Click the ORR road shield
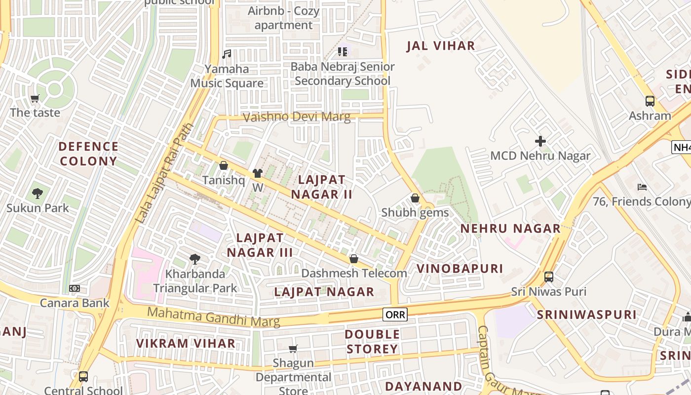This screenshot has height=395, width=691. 395,315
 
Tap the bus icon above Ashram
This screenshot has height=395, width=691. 650,101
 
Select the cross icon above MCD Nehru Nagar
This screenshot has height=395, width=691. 540,141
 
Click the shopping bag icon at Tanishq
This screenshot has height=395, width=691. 224,165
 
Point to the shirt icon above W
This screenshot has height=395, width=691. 257,173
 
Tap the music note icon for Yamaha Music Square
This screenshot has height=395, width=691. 227,54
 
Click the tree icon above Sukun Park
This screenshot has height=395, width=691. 38,193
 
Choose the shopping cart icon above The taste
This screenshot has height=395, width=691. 35,98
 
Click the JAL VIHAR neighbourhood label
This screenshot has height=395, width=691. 441,46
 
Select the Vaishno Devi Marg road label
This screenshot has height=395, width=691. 297,117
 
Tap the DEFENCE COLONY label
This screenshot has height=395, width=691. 88,154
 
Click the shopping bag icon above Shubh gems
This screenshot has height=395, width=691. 415,198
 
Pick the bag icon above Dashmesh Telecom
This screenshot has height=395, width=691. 354,259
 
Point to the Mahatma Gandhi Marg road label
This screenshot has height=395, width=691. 214,316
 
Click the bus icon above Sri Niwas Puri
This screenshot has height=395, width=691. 548,277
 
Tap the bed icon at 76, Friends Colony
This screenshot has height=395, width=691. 642,187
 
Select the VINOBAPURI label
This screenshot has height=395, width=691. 460,269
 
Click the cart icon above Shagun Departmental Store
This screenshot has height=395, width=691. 293,349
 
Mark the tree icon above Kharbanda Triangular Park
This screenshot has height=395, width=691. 195,259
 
